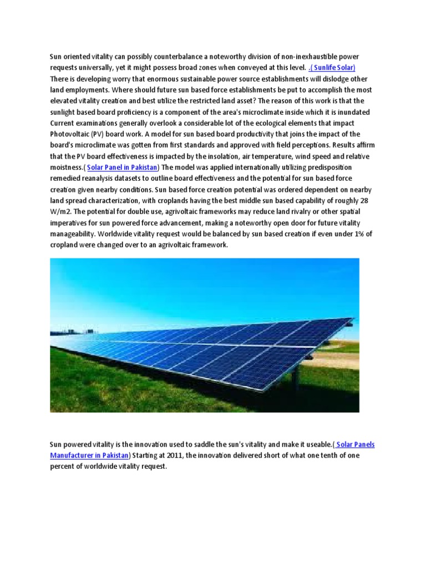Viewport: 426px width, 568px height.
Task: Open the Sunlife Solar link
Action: [x=332, y=68]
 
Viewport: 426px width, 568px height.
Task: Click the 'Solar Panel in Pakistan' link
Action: [x=122, y=168]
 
